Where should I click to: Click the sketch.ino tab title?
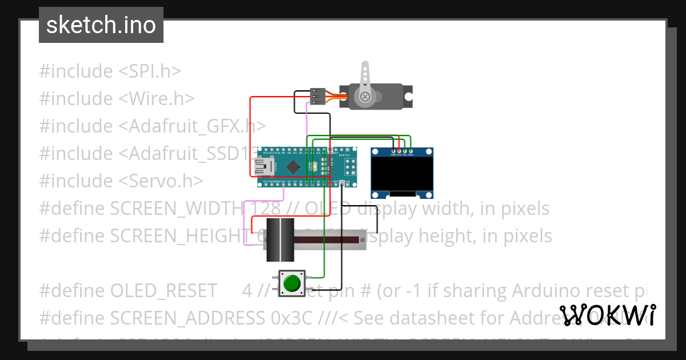coord(101,25)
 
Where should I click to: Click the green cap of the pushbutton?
coord(292,283)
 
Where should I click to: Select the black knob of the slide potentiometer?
coord(280,239)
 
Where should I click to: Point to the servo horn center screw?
coord(365,97)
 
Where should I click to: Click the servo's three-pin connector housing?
coord(318,97)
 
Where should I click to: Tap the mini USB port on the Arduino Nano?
coord(264,167)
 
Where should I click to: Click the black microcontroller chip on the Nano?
coord(294,167)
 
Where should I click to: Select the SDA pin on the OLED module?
coord(410,150)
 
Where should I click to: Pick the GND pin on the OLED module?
coord(393,150)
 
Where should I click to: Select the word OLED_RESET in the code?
coord(163,291)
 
